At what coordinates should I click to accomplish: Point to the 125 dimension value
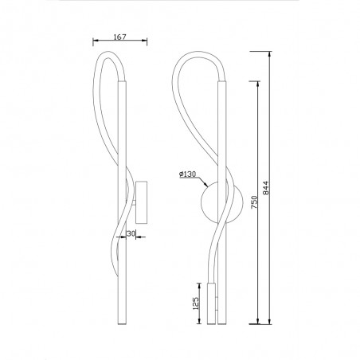tap(194, 303)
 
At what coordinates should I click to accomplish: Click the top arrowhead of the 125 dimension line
tap(201, 283)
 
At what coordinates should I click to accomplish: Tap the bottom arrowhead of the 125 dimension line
tap(201, 323)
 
